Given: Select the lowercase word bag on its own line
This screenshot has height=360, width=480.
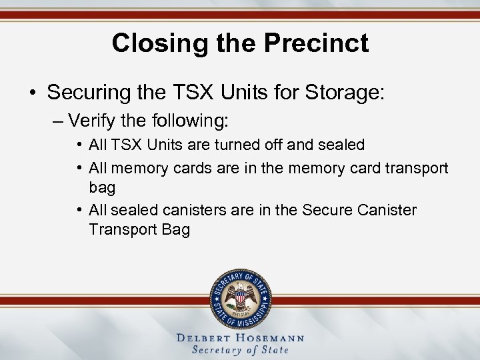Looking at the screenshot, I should pos(101,189).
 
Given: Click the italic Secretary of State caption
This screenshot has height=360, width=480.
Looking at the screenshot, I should pos(240,350).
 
